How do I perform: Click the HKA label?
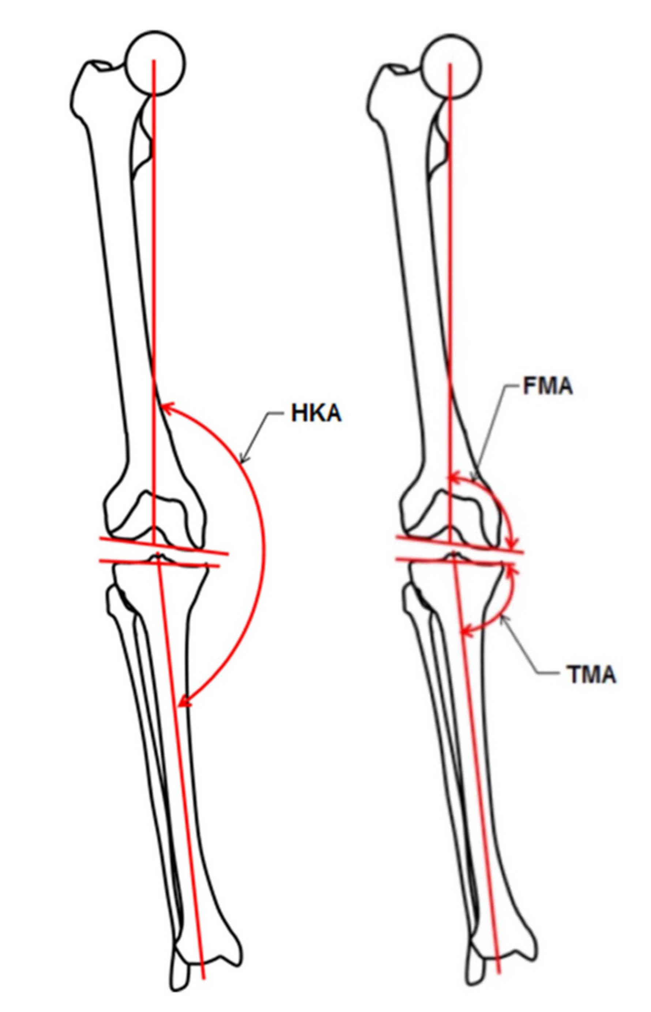316,413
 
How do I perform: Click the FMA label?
548,386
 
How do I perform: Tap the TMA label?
591,674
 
